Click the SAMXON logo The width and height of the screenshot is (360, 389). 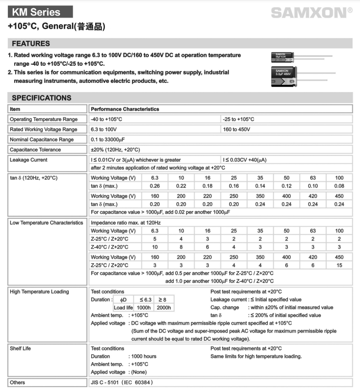[311, 13]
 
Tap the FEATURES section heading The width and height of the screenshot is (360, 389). [31, 43]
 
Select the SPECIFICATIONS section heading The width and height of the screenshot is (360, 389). [41, 97]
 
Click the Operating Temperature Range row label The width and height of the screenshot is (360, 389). [43, 119]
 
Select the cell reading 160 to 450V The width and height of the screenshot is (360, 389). [237, 129]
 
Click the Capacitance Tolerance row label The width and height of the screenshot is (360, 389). [35, 150]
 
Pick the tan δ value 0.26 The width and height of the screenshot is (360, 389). [155, 186]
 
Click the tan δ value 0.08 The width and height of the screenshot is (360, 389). [339, 186]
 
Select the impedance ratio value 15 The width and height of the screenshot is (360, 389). [339, 265]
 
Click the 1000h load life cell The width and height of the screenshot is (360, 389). [143, 308]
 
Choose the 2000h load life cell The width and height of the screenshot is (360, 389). [163, 308]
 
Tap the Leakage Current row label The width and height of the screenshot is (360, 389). [28, 160]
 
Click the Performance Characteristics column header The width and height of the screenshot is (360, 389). [125, 109]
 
